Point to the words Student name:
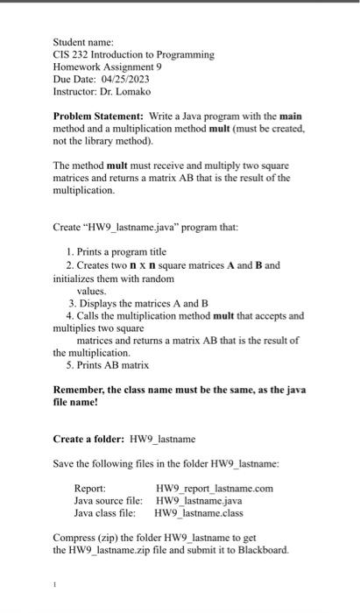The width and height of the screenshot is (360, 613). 77,41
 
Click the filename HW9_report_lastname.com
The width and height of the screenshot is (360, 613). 214,488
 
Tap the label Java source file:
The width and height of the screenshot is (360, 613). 108,500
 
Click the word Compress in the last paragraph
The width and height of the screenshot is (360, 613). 75,537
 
